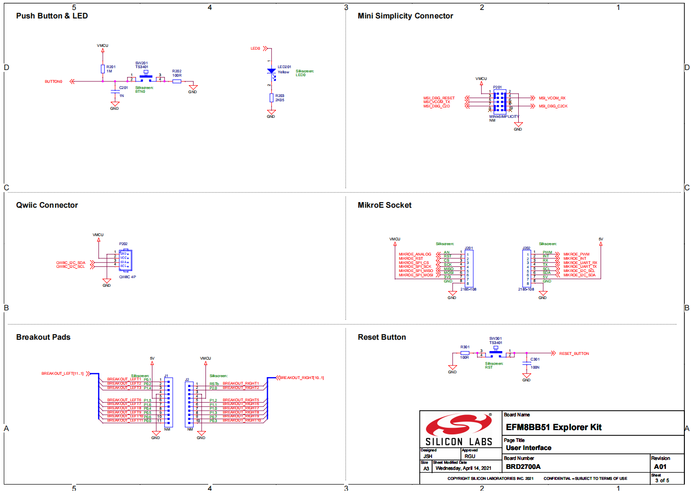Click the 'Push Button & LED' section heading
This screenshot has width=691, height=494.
52,16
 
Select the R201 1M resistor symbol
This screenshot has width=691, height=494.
103,69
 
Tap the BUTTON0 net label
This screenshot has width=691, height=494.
53,82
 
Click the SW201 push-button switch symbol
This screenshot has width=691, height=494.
146,77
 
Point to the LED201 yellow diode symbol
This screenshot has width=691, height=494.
271,71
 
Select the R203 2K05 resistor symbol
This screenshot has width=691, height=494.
271,98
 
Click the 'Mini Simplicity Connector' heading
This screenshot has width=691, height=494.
405,16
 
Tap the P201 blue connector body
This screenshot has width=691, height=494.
499,101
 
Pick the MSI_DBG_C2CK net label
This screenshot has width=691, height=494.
553,106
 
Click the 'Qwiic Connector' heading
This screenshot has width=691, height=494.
47,205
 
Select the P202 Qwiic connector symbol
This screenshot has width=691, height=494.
125,260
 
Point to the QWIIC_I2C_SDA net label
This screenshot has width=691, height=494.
71,263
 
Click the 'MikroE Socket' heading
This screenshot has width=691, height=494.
384,205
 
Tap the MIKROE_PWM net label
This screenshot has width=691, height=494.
576,255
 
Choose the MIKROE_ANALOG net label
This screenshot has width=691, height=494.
415,255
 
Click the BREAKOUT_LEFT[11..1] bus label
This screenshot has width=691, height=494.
62,374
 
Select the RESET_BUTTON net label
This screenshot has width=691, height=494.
574,354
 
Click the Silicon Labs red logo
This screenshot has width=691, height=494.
458,425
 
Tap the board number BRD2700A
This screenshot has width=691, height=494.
523,467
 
